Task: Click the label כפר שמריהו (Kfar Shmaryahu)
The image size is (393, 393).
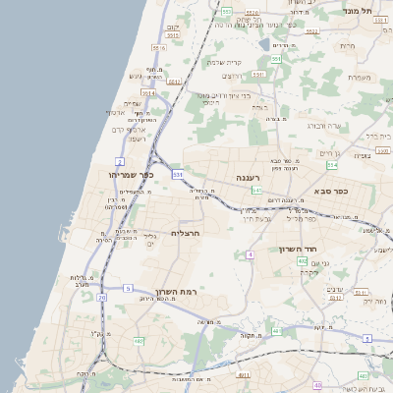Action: pyautogui.click(x=129, y=174)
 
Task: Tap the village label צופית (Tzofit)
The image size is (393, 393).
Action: pyautogui.click(x=362, y=155)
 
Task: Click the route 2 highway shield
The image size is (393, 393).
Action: pyautogui.click(x=120, y=160)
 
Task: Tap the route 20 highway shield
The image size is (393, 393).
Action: pyautogui.click(x=100, y=296)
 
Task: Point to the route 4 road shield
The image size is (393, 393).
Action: pyautogui.click(x=251, y=254)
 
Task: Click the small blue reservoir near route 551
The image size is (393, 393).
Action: pyautogui.click(x=263, y=43)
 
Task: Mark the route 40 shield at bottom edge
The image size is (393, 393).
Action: pyautogui.click(x=316, y=385)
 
